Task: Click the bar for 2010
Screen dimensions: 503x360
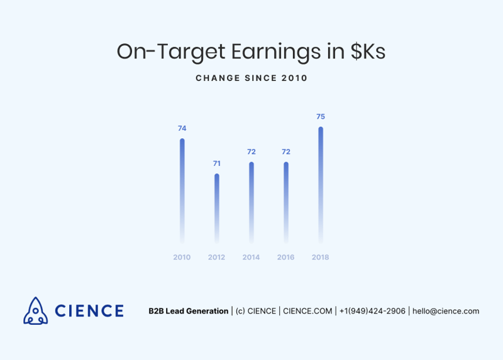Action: (182, 191)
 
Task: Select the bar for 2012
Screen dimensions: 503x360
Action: (217, 209)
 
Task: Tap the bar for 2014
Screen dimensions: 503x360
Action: (251, 202)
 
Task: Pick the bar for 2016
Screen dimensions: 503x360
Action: (286, 202)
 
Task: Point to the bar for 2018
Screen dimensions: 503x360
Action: (321, 185)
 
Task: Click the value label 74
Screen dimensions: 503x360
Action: (182, 129)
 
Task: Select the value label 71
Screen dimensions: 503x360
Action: (217, 164)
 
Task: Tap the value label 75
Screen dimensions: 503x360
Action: (321, 117)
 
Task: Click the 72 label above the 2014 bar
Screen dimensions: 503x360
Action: (251, 152)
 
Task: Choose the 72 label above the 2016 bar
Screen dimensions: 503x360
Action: (286, 152)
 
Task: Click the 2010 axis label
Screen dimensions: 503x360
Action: (182, 258)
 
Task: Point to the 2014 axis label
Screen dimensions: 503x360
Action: (251, 258)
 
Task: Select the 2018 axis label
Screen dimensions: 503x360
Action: (321, 258)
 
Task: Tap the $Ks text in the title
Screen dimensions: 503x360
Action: (368, 52)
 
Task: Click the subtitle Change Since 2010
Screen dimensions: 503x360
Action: (251, 78)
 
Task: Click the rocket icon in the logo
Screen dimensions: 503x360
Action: (36, 310)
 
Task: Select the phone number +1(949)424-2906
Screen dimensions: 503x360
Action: (372, 311)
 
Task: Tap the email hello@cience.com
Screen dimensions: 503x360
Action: (446, 311)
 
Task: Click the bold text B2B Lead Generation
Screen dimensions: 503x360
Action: (189, 311)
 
